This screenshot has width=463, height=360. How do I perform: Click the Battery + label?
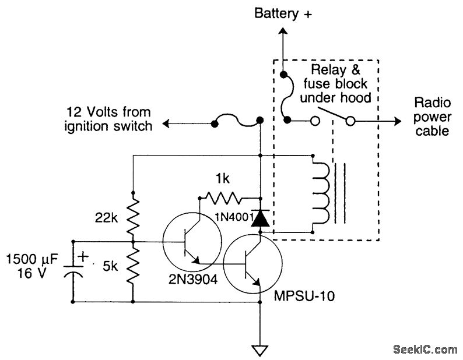coord(283,13)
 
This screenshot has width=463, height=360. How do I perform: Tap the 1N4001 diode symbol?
coord(261,219)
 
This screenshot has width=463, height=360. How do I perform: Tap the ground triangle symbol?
coord(261,351)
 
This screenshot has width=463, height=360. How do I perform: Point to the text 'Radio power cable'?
coord(432,117)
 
